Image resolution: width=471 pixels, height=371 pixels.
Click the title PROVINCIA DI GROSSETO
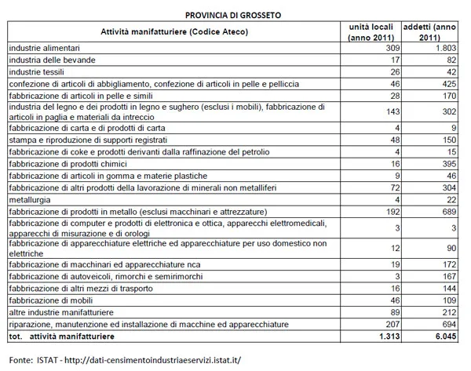click(x=235, y=14)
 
